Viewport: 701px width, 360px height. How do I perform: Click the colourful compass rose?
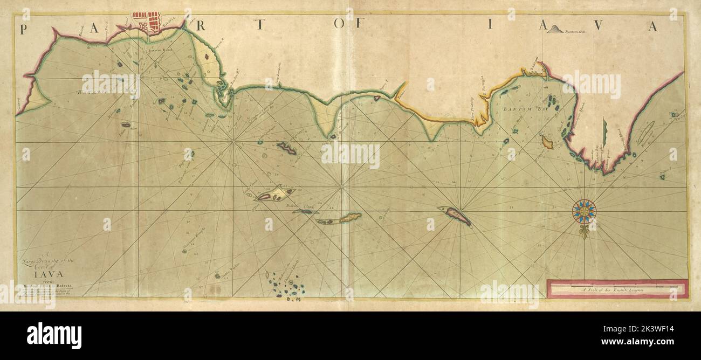pyautogui.click(x=584, y=211)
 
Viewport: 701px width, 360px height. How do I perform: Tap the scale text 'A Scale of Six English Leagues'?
pyautogui.click(x=617, y=290)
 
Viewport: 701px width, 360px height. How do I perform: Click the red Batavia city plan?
pyautogui.click(x=147, y=22)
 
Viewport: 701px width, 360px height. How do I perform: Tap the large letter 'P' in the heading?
pyautogui.click(x=24, y=30)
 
